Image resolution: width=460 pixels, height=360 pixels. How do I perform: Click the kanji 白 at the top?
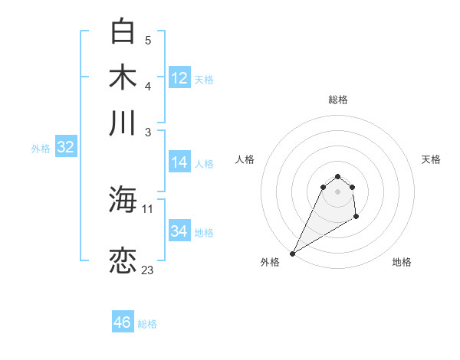pos(123,32)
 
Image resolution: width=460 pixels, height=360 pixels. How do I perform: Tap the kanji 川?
pos(123,123)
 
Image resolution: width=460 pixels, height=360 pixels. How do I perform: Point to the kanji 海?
pos(123,200)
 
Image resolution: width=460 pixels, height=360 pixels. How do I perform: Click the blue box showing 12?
pos(179,77)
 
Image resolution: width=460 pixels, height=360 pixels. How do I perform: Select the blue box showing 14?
pos(179,162)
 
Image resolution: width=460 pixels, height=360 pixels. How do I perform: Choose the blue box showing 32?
pos(65,148)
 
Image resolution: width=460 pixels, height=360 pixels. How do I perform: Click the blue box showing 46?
pos(123,322)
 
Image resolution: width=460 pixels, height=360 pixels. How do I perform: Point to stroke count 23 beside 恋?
pos(147,270)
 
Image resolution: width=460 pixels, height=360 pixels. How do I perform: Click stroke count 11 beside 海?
pos(148,208)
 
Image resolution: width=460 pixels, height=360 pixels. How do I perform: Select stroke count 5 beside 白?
pos(148,40)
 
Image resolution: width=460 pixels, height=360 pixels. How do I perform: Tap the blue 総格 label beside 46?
pos(147,324)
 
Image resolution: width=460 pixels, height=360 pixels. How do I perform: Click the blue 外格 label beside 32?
pos(41,149)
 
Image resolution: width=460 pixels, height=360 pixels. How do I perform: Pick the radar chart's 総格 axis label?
pos(338,100)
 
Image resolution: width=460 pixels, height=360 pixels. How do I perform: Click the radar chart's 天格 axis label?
pos(431,159)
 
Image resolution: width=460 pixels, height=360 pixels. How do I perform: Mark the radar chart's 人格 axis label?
pos(245,159)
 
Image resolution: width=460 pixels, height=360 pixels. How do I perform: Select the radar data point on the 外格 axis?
pos(292,254)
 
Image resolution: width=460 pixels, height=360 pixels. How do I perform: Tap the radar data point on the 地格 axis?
pos(357,218)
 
